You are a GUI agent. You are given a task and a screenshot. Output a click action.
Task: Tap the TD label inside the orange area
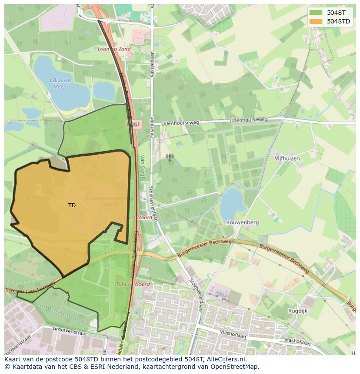click(72, 205)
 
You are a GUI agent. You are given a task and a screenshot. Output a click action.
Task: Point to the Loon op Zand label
click(114, 49)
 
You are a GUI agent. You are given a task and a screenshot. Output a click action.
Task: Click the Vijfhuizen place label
click(287, 159)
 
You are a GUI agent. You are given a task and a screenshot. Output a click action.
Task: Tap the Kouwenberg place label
click(242, 222)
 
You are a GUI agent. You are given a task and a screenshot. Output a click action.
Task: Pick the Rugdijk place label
click(298, 311)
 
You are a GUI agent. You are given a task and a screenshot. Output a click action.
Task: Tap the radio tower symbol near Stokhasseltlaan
click(170, 157)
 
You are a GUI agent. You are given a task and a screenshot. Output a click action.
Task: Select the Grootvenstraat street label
click(69, 331)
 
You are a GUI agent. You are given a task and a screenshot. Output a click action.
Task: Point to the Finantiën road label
click(152, 127)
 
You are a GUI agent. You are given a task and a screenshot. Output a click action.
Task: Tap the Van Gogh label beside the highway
click(142, 167)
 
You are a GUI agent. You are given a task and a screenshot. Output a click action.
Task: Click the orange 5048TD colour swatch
click(316, 21)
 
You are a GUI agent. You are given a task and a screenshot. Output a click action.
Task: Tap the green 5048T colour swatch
click(316, 13)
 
